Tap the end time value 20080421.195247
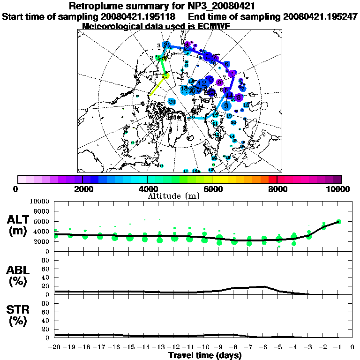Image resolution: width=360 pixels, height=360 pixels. coord(320,17)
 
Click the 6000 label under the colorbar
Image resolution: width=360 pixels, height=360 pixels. coord(212,189)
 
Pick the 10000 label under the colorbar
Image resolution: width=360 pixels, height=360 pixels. coord(337,189)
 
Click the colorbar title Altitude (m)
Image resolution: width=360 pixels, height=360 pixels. coord(173,196)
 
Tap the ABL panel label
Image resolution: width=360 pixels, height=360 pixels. coord(19,276)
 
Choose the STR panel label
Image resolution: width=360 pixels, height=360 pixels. coord(19,315)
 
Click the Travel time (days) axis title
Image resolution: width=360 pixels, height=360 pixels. coord(205,356)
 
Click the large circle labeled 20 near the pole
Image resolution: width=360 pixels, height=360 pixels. coord(172,101)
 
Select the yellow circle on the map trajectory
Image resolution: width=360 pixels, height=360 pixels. coord(165,76)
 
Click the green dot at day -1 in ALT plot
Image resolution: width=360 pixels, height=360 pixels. coord(338,222)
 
